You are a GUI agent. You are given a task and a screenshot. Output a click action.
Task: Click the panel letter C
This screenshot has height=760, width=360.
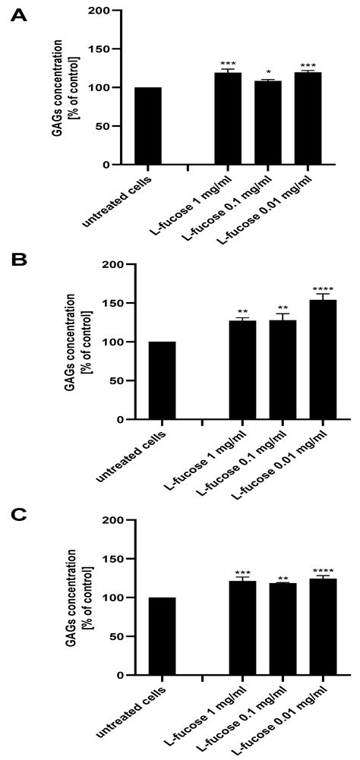(x=18, y=516)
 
